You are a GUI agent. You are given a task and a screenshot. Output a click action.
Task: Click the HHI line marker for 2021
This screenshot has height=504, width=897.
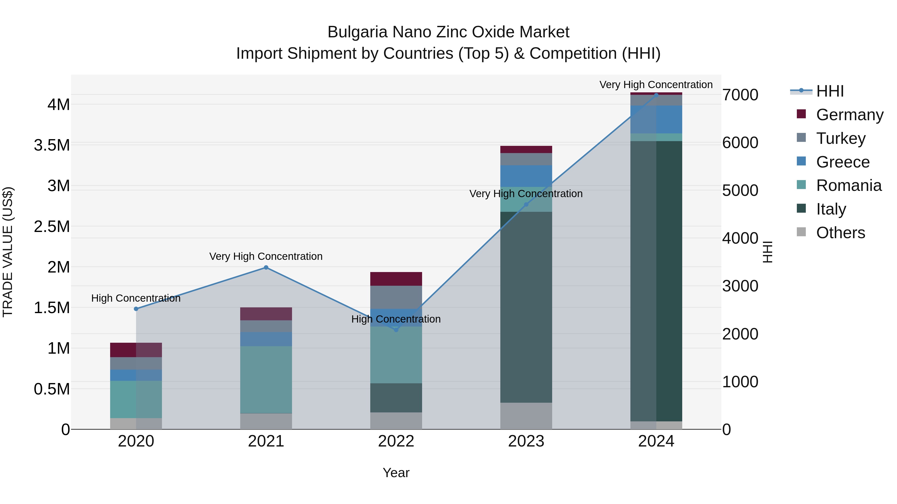pos(266,268)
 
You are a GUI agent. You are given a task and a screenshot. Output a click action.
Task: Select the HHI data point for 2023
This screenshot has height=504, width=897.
pos(526,205)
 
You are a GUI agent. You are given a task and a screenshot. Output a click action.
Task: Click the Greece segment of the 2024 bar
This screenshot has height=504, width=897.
pos(656,119)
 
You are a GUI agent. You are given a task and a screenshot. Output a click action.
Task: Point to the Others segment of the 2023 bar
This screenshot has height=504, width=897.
pos(526,416)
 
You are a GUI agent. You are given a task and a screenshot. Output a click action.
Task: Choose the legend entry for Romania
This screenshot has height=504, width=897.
pos(849,185)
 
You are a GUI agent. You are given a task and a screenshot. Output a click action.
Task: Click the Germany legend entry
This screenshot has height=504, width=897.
pos(849,114)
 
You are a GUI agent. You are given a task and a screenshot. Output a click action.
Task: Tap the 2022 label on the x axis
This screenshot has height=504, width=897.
pos(396,441)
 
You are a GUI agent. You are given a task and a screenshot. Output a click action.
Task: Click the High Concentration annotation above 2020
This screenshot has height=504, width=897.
pos(136,298)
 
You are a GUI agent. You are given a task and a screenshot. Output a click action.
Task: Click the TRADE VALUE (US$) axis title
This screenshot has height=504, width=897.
pos(8,252)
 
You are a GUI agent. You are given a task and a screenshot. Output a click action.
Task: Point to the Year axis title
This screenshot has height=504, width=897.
pos(396,473)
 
